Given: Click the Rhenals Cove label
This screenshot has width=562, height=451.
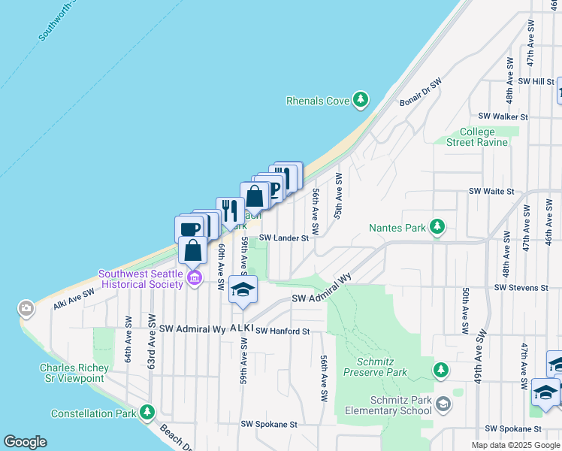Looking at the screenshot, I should (318, 101).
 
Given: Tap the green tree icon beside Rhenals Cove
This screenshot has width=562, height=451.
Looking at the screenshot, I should (361, 99).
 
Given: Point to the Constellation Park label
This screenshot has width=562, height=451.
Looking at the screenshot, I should (94, 413).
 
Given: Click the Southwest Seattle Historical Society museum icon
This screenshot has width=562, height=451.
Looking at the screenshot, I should (194, 279).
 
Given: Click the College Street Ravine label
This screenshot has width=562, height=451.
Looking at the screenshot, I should (477, 137).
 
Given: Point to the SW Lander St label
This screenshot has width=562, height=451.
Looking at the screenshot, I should (284, 238).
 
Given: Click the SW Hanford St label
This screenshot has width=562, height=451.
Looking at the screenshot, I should (283, 331).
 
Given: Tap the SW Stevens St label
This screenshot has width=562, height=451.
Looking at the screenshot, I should (521, 288).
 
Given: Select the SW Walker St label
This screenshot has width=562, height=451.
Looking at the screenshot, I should (503, 117).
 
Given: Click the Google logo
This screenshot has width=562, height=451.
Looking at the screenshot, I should (25, 442).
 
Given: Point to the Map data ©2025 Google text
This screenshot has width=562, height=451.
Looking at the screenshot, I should (515, 445).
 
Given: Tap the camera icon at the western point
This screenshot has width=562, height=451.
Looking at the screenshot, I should (26, 307).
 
